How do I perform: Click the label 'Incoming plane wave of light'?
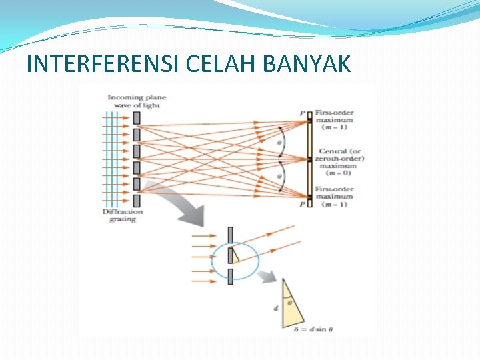[136, 101]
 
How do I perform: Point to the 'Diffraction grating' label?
[123, 215]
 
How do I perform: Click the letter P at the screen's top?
[302, 114]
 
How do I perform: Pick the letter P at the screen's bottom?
[302, 204]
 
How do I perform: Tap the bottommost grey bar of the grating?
[137, 199]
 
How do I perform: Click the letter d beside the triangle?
[276, 308]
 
